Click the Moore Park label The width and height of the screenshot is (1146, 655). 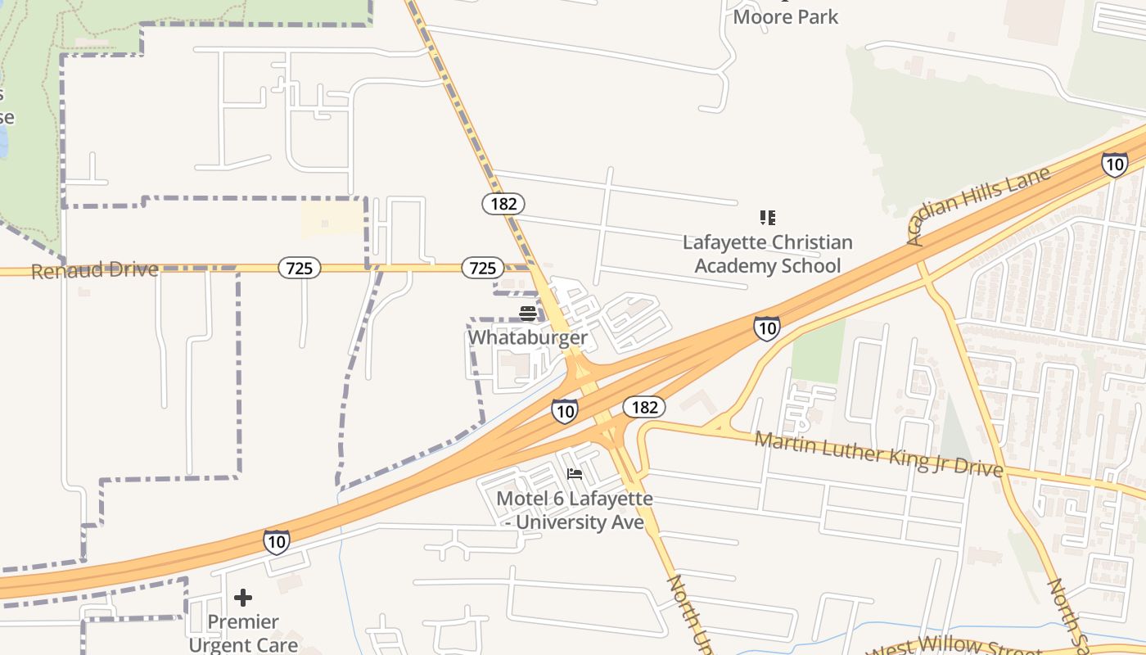[x=786, y=16]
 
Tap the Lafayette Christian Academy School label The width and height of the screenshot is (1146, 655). [x=767, y=254]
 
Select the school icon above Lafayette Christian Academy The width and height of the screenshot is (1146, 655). [x=767, y=217]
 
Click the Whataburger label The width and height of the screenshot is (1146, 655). [x=527, y=337]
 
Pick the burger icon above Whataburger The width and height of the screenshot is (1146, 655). [x=527, y=314]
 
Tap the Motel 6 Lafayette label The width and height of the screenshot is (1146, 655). [x=575, y=509]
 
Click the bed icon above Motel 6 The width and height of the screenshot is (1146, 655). [x=575, y=474]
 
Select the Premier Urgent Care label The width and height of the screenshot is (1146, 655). [x=243, y=633]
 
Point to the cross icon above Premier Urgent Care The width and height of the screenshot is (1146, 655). [x=243, y=597]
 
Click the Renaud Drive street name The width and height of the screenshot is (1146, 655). [x=95, y=270]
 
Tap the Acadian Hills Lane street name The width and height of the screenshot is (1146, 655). [x=978, y=206]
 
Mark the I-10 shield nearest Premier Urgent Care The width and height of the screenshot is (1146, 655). [x=277, y=541]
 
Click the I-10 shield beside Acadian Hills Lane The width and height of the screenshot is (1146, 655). [x=1114, y=165]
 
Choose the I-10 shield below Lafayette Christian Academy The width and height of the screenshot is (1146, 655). [x=766, y=328]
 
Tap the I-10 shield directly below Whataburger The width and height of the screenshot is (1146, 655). [x=564, y=410]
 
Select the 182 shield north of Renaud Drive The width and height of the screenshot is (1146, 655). [x=503, y=204]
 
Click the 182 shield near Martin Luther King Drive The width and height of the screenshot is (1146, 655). [x=644, y=407]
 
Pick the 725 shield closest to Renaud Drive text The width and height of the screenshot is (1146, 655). [x=299, y=268]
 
